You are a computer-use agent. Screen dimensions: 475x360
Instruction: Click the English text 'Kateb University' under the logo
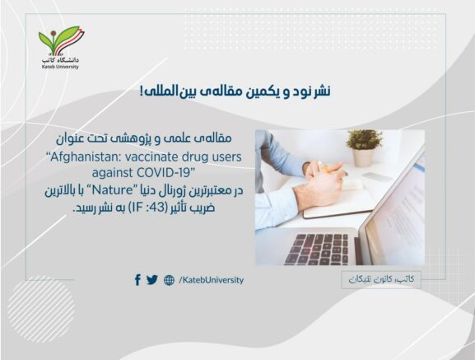[60, 67]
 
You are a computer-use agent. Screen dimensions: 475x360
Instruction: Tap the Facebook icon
[137, 279]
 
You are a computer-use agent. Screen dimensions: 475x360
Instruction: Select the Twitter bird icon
[152, 280]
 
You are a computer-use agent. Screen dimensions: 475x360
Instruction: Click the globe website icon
[169, 280]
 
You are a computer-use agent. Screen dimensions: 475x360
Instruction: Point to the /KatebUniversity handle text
[211, 280]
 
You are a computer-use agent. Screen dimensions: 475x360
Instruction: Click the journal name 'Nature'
[113, 190]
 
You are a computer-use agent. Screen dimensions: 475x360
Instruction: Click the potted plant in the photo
[364, 147]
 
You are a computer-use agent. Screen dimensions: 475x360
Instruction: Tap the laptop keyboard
[318, 249]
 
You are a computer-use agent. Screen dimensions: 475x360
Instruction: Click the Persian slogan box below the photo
[381, 279]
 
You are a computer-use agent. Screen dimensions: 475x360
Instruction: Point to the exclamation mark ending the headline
[142, 91]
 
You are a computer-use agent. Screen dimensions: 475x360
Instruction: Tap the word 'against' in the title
[113, 173]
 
